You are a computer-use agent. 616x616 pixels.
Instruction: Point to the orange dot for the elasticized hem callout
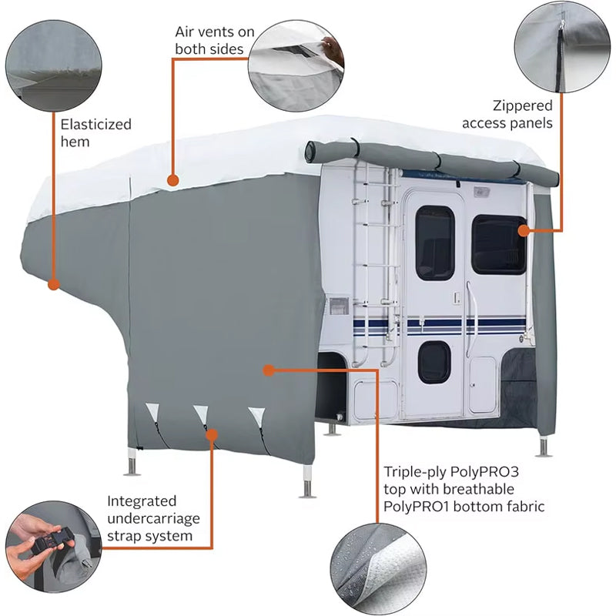(x=53, y=284)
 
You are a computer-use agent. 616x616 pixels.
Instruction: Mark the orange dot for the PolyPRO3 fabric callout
(x=268, y=370)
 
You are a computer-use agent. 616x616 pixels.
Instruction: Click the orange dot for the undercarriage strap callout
(x=213, y=436)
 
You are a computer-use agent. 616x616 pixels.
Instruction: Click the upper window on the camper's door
(x=435, y=242)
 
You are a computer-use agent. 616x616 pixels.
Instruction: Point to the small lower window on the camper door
(x=434, y=362)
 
